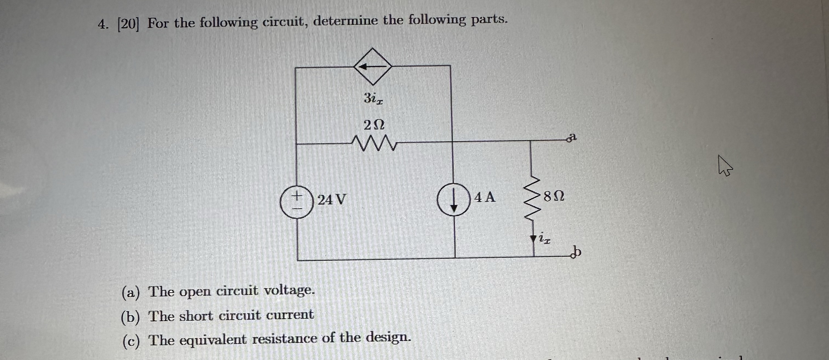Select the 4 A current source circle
[x=453, y=200]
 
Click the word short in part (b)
[x=196, y=316]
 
